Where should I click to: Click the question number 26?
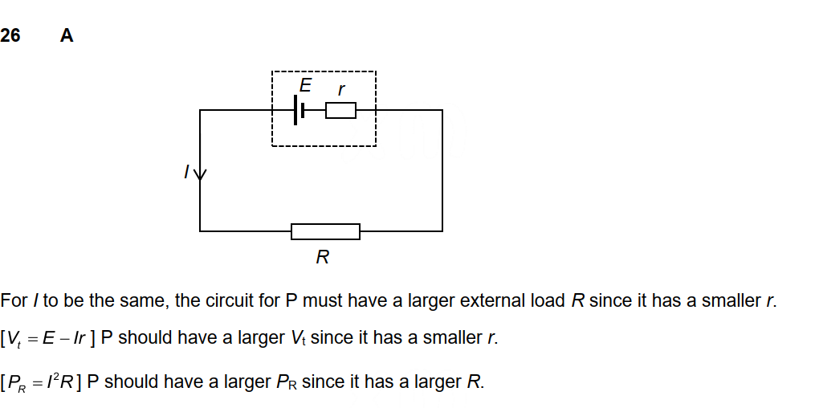[11, 35]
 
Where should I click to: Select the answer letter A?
[67, 35]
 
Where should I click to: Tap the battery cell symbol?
[300, 110]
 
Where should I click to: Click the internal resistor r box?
[340, 110]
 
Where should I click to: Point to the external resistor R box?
[325, 231]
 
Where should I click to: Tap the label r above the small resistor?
[341, 89]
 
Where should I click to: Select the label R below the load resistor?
[323, 257]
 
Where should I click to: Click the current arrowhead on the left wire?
[200, 174]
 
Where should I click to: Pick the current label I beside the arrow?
[186, 171]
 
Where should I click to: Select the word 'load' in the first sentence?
[550, 301]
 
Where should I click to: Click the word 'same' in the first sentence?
[146, 301]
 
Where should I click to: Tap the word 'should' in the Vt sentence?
[145, 338]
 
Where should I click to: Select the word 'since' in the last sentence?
[321, 381]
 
